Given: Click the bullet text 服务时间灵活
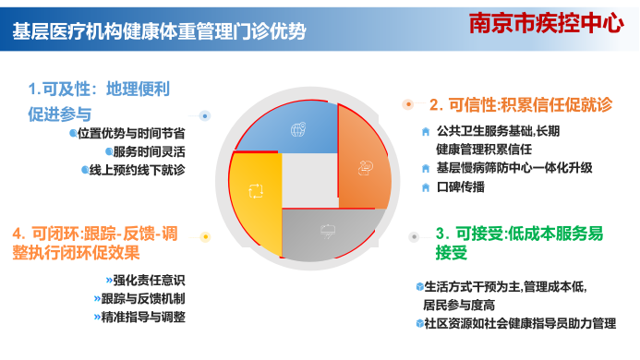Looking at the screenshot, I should coord(148,151).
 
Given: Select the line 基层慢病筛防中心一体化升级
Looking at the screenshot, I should coord(513,168).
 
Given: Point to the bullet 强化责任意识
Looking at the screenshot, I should coord(139,280).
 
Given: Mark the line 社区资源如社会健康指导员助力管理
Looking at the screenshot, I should coord(519,323).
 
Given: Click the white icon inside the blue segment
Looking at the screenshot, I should coord(297,128).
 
